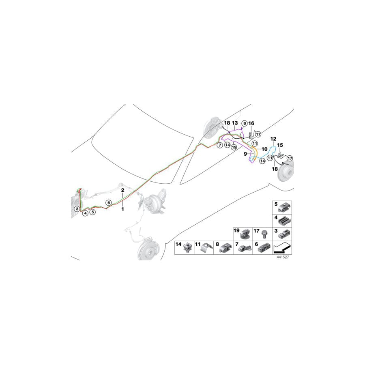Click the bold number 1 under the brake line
tap(122, 209)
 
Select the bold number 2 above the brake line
tap(122, 190)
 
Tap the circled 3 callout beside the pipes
tap(77, 209)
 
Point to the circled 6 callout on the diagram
tap(109, 203)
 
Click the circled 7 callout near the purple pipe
tap(219, 145)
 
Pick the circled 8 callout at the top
tap(244, 123)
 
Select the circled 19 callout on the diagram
tap(234, 147)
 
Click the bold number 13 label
tap(235, 123)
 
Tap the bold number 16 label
tap(251, 123)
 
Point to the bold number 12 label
tap(273, 139)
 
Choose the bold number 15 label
tap(280, 145)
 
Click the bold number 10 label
tap(265, 149)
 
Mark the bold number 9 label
tap(245, 154)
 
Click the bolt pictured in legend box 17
tap(264, 234)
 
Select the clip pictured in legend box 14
tap(188, 248)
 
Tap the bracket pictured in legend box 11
tap(207, 248)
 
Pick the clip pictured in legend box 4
tap(285, 221)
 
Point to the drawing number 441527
tap(283, 257)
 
